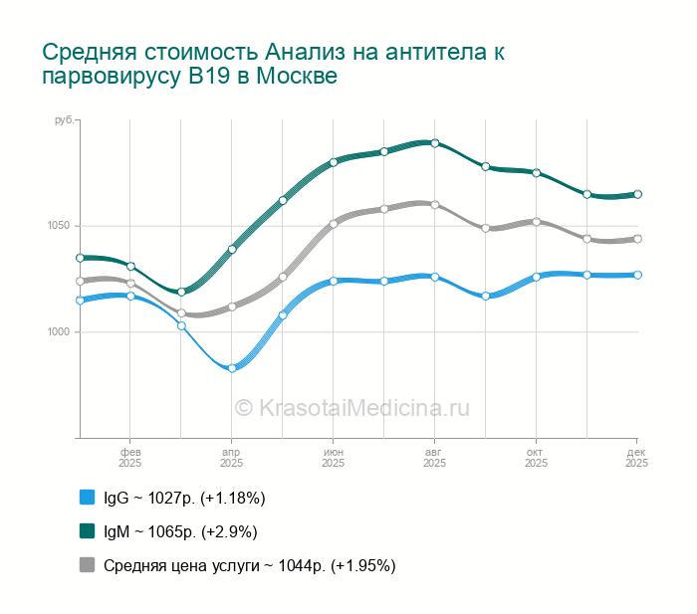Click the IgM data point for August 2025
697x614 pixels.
435,143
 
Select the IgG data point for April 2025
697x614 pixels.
232,368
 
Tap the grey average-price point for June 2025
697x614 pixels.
334,224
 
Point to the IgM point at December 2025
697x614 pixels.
637,194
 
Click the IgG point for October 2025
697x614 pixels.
536,277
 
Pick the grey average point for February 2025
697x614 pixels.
130,284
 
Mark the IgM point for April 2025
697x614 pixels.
232,249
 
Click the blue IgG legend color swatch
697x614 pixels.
87,497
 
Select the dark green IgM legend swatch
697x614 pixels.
87,530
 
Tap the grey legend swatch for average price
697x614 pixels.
87,565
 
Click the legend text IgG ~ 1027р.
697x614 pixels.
184,497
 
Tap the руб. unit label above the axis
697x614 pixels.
64,120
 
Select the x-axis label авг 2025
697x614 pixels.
434,458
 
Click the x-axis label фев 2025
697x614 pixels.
130,458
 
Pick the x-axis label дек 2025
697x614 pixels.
636,458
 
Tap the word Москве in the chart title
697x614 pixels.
296,76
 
